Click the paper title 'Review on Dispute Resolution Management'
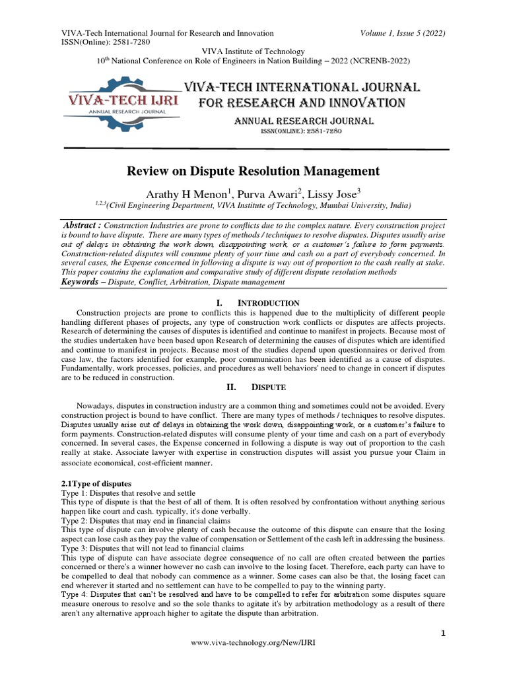(x=253, y=171)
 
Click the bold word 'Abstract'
(x=81, y=225)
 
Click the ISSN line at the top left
(x=106, y=42)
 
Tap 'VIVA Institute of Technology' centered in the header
(x=253, y=51)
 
